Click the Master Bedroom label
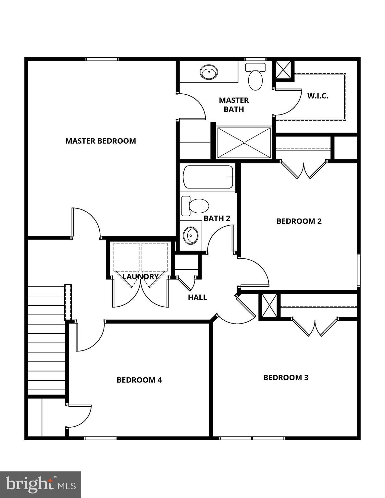click(x=101, y=141)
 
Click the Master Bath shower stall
click(x=244, y=143)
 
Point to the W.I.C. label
click(x=317, y=96)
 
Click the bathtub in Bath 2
click(x=208, y=177)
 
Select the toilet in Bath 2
click(x=195, y=206)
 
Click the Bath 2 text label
click(x=217, y=219)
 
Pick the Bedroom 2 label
click(x=299, y=221)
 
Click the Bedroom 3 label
click(x=286, y=377)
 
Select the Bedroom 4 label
click(x=139, y=380)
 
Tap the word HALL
click(x=197, y=297)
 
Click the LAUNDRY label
click(x=140, y=277)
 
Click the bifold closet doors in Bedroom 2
click(x=304, y=169)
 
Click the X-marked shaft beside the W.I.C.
click(x=284, y=69)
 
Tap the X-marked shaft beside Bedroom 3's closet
click(x=269, y=306)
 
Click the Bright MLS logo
click(x=41, y=484)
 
